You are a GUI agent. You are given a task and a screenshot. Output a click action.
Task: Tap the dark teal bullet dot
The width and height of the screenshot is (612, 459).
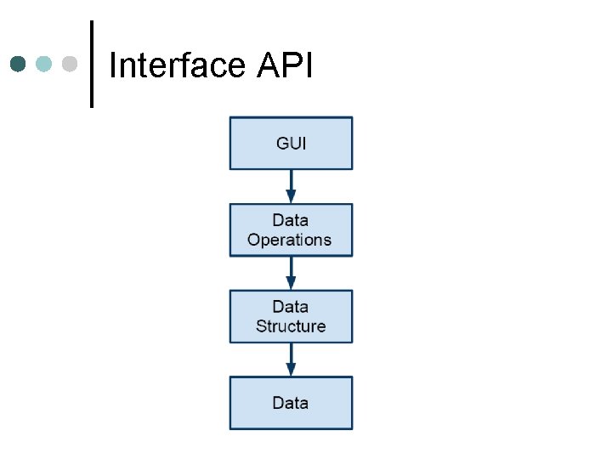pyautogui.click(x=19, y=64)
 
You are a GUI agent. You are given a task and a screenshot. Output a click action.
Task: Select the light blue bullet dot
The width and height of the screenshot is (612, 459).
pyautogui.click(x=44, y=64)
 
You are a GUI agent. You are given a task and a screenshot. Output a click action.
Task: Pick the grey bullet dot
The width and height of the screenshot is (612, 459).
pyautogui.click(x=70, y=64)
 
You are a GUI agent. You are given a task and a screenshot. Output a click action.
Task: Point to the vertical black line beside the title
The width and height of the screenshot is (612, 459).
pyautogui.click(x=91, y=64)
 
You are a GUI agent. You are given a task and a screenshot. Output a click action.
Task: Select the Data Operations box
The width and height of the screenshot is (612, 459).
pyautogui.click(x=291, y=229)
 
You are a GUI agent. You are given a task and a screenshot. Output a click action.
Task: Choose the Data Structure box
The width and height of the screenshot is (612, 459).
pyautogui.click(x=291, y=316)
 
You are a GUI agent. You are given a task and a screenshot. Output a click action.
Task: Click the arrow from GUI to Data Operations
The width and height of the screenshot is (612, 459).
pyautogui.click(x=291, y=186)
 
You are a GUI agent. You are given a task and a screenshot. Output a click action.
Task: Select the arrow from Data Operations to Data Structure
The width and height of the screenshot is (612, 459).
pyautogui.click(x=291, y=273)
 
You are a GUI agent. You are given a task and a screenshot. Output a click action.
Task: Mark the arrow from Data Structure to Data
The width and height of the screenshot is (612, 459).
pyautogui.click(x=291, y=360)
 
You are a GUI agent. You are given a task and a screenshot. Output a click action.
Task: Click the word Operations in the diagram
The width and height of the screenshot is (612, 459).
pyautogui.click(x=289, y=240)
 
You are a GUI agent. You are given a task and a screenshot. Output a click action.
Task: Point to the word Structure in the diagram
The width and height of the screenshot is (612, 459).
pyautogui.click(x=291, y=326)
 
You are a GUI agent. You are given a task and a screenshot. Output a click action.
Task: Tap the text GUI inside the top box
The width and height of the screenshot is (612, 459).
pyautogui.click(x=291, y=143)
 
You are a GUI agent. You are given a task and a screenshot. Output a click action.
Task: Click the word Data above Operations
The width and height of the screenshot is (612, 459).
pyautogui.click(x=291, y=221)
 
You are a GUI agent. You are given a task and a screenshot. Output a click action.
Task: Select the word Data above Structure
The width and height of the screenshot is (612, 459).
pyautogui.click(x=291, y=307)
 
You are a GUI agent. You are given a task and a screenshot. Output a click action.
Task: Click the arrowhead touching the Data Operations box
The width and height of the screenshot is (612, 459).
pyautogui.click(x=291, y=197)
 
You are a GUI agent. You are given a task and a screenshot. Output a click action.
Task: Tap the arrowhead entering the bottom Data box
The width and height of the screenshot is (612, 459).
pyautogui.click(x=291, y=370)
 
